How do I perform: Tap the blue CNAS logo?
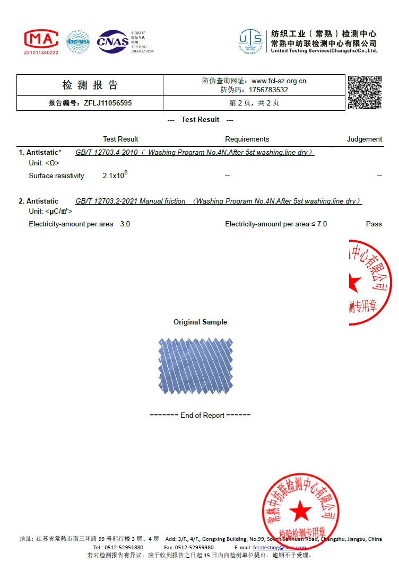pyautogui.click(x=112, y=41)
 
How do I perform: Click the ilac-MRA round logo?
pyautogui.click(x=78, y=41)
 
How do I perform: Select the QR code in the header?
pyautogui.click(x=365, y=92)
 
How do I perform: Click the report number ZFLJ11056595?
pyautogui.click(x=108, y=103)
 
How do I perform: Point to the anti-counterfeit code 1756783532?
pyautogui.click(x=268, y=90)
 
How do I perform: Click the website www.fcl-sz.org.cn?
pyautogui.click(x=279, y=81)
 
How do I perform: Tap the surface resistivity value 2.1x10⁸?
pyautogui.click(x=115, y=175)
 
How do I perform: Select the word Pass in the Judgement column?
pyautogui.click(x=374, y=224)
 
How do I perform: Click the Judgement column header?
pyautogui.click(x=364, y=139)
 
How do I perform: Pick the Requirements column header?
pyautogui.click(x=247, y=139)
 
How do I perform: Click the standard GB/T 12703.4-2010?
pyautogui.click(x=107, y=153)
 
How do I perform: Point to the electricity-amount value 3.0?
pyautogui.click(x=125, y=224)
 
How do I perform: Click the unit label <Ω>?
pyautogui.click(x=51, y=163)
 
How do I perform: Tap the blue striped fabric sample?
pyautogui.click(x=195, y=365)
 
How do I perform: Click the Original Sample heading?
pyautogui.click(x=200, y=322)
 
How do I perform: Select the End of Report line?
pyautogui.click(x=200, y=415)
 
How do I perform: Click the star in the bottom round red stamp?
pyautogui.click(x=300, y=513)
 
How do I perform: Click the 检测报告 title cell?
pyautogui.click(x=90, y=85)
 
